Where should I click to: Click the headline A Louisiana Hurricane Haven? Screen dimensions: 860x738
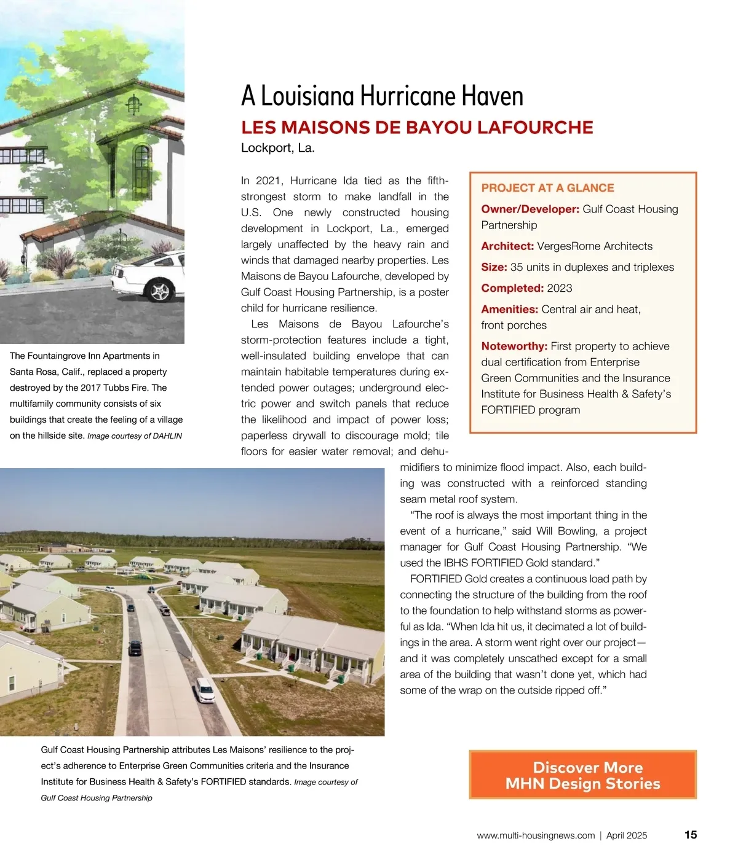(382, 96)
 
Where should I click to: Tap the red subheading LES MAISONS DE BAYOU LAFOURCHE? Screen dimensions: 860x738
(417, 128)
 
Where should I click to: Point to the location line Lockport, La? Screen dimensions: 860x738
(277, 148)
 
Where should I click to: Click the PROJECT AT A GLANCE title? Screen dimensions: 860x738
(547, 188)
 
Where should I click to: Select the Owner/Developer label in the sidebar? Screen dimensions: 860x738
(530, 209)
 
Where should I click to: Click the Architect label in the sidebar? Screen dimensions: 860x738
(507, 246)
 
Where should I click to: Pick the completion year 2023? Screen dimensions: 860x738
(559, 288)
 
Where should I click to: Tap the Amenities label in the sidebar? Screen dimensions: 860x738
(509, 310)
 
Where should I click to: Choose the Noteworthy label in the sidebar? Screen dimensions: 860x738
(514, 346)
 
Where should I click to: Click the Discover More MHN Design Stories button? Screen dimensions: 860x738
(582, 775)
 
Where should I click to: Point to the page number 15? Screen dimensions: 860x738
(691, 835)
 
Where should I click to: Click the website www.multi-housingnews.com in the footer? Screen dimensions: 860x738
(536, 835)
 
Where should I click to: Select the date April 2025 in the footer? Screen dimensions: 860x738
(627, 835)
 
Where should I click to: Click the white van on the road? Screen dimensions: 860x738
(205, 690)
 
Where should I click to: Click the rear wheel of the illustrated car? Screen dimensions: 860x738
(160, 291)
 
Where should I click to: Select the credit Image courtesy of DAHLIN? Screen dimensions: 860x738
(135, 436)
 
